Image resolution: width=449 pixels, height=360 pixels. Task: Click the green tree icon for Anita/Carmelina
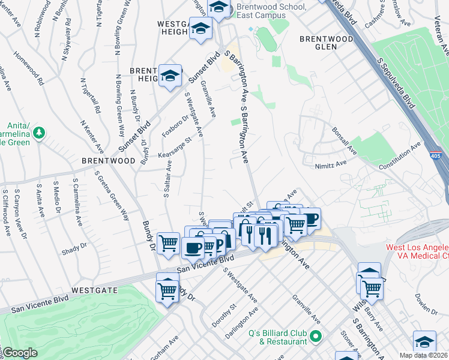(x=40, y=131)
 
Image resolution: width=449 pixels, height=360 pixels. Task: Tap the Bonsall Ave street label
(x=344, y=142)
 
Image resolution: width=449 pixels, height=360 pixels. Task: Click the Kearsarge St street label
(x=175, y=148)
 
